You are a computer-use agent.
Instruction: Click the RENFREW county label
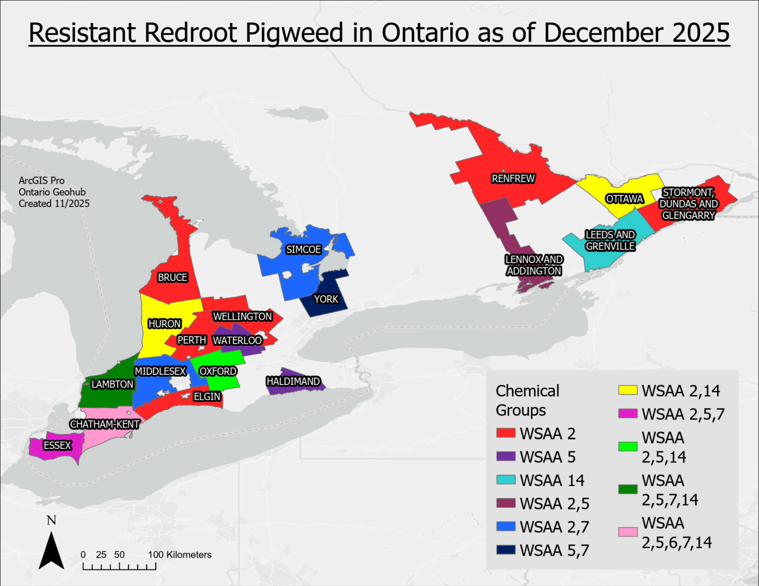513,179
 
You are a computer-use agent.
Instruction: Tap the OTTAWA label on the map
624,199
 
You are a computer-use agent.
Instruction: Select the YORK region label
326,299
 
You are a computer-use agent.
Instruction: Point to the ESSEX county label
57,445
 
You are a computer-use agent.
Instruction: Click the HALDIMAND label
293,381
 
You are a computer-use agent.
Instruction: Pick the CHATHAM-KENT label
105,424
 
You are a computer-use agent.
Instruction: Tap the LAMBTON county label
112,384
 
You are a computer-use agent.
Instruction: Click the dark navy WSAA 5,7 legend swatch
506,550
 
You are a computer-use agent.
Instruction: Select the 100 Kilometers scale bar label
180,555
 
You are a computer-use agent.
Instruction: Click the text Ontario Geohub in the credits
52,192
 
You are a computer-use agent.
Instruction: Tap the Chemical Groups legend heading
527,400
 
